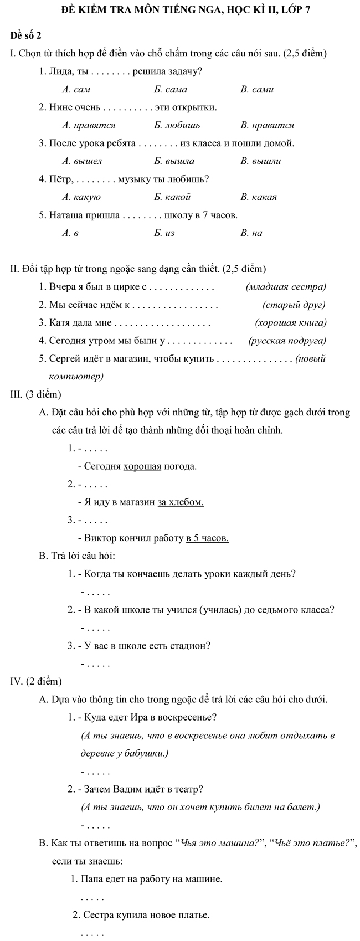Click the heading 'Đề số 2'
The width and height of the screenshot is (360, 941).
click(26, 36)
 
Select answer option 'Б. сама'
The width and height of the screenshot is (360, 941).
click(171, 89)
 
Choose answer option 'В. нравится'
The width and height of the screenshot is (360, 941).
click(267, 125)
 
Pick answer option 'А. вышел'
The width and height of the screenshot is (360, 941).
click(83, 161)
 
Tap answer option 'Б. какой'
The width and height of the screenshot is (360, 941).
click(172, 197)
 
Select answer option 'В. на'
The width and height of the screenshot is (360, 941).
click(251, 233)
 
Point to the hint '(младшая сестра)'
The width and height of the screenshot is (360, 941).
click(285, 286)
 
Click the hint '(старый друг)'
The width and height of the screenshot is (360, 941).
click(294, 304)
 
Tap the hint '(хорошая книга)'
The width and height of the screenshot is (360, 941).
click(290, 322)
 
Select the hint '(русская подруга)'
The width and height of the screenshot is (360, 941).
click(287, 340)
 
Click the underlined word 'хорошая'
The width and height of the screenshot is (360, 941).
click(142, 466)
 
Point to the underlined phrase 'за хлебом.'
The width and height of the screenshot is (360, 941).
click(181, 502)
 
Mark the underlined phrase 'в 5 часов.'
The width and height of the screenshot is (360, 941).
click(207, 537)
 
